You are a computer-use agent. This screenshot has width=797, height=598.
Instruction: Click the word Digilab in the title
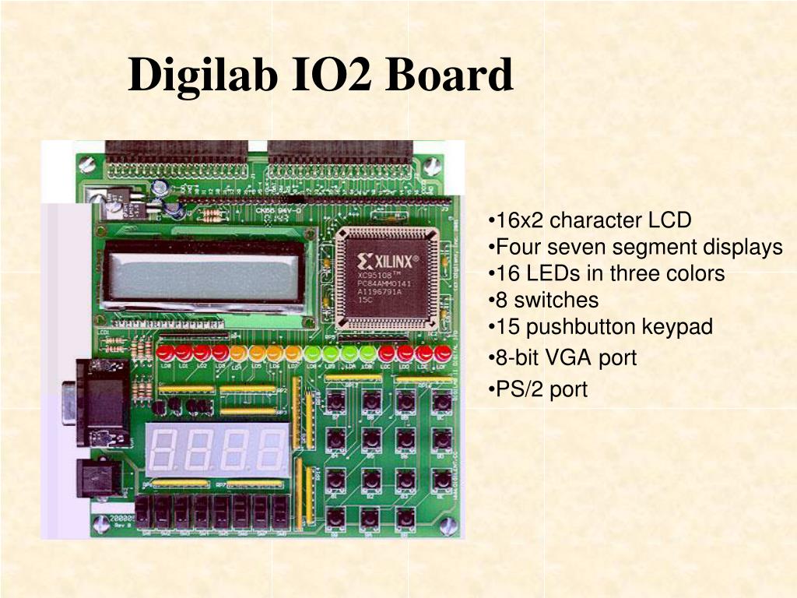coord(203,76)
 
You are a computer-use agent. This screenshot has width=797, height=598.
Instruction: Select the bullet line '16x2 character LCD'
coord(590,220)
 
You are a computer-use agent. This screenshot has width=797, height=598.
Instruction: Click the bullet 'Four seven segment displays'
coord(635,248)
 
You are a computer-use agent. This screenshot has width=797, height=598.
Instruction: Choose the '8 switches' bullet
coord(544,301)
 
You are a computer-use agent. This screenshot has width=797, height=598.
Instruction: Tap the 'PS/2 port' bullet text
coord(538,389)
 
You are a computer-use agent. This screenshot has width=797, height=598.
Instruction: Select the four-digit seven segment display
coord(216,451)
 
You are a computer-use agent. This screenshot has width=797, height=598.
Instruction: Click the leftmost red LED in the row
coord(166,353)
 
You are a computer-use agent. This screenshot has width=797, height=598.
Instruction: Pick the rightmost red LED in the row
coord(443,353)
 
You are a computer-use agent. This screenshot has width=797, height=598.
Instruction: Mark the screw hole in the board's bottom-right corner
coord(448,526)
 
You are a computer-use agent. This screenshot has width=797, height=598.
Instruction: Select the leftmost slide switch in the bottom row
coord(143,512)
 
